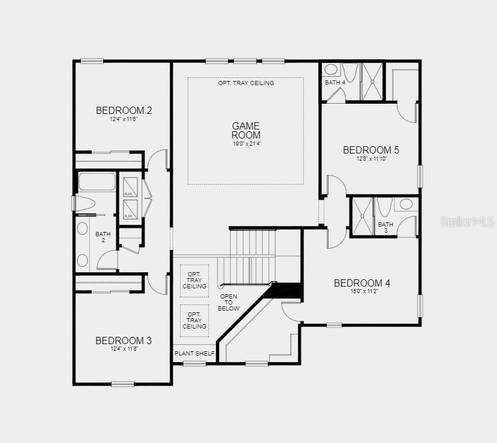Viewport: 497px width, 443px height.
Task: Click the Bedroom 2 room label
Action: [x=124, y=110]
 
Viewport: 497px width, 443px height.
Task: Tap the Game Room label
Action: [x=246, y=130]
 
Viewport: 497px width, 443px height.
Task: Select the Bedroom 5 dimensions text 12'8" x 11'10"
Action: [x=372, y=158]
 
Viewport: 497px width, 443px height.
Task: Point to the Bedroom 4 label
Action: [x=362, y=283]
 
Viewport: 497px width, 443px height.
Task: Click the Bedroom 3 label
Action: [x=124, y=340]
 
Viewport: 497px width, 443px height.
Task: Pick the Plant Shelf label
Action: [x=194, y=353]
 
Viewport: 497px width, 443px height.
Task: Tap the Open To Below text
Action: [x=228, y=302]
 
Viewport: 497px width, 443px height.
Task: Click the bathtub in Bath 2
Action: [x=97, y=182]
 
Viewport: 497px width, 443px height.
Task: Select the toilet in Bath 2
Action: [x=85, y=203]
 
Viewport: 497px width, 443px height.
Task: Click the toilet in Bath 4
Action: [x=350, y=73]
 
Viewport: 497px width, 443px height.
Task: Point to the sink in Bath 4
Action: [x=331, y=70]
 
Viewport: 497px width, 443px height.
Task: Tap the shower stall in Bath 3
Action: [x=363, y=217]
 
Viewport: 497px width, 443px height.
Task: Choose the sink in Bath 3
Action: [x=406, y=204]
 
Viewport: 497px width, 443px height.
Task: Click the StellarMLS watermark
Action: [x=468, y=222]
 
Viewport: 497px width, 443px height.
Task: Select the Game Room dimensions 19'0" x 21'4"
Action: [x=247, y=143]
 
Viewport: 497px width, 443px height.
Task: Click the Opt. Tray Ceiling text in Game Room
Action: [x=246, y=83]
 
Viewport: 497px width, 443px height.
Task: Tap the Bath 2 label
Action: [x=103, y=237]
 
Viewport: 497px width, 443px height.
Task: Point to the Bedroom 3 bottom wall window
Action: [x=123, y=384]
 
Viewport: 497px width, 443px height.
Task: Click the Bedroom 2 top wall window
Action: [x=92, y=61]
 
